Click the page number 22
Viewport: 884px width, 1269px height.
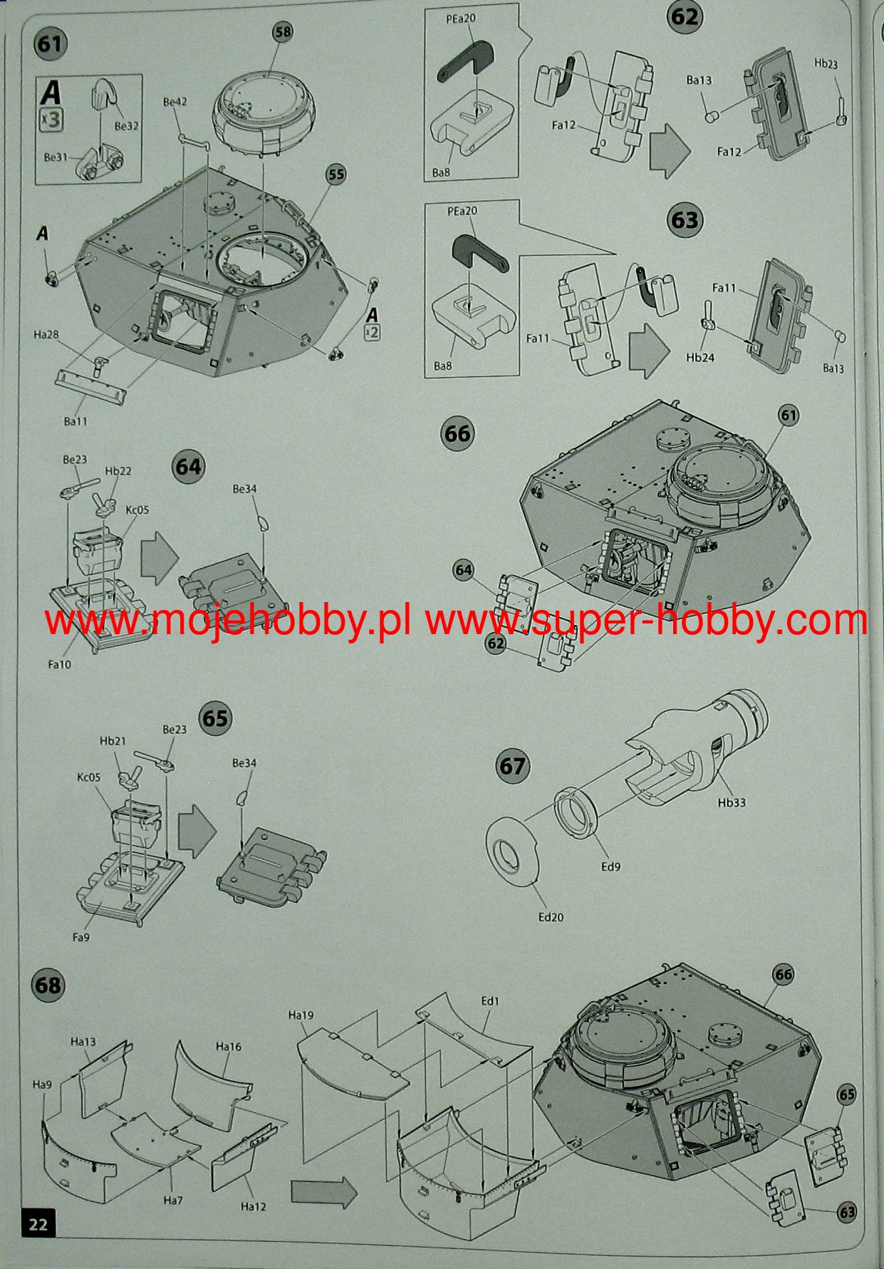pos(38,1223)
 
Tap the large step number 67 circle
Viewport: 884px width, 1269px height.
pos(512,767)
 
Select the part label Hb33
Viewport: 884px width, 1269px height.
pos(732,802)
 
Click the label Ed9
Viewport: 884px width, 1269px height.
pos(610,867)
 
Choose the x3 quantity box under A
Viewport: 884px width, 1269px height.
pos(51,120)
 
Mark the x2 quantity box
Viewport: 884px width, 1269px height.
pos(372,331)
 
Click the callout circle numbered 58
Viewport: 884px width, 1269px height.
pos(283,31)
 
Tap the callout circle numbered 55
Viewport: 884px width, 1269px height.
pos(336,175)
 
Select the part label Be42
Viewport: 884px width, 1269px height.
pos(175,102)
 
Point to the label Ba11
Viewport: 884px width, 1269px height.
pos(76,421)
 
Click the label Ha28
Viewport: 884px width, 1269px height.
pos(46,334)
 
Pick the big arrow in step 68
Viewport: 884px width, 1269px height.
pos(323,1192)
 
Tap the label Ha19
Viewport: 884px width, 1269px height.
pos(301,1015)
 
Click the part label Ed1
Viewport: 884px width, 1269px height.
pos(490,1000)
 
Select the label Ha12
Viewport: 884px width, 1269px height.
pos(253,1206)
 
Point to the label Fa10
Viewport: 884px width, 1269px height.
pos(60,664)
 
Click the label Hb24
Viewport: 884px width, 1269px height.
pos(700,357)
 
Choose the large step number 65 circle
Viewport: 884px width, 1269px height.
pos(215,718)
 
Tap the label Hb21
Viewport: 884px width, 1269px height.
pos(113,740)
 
